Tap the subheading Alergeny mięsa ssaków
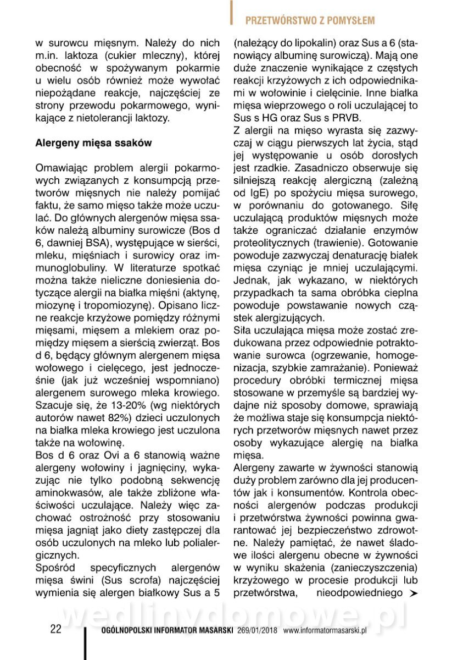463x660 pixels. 93,142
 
